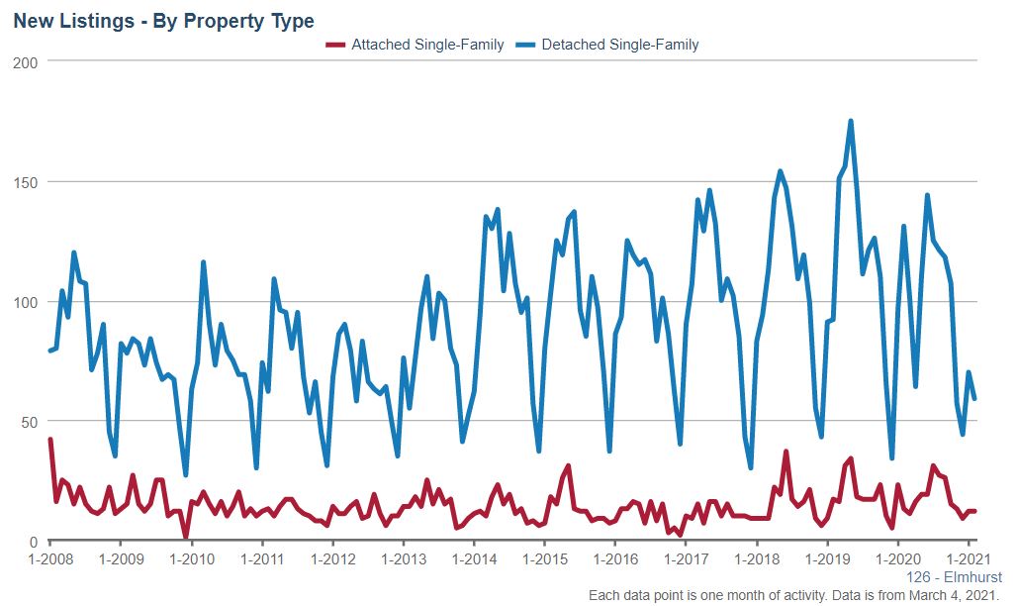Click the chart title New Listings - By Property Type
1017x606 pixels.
pyautogui.click(x=163, y=21)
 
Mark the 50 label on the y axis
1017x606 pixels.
pyautogui.click(x=29, y=422)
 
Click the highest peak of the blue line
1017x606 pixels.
pyautogui.click(x=851, y=122)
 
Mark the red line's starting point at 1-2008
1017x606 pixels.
pyautogui.click(x=50, y=440)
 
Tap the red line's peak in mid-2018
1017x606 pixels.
pyautogui.click(x=786, y=453)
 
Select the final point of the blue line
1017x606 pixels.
pyautogui.click(x=974, y=398)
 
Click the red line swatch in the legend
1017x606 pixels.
pyautogui.click(x=335, y=45)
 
